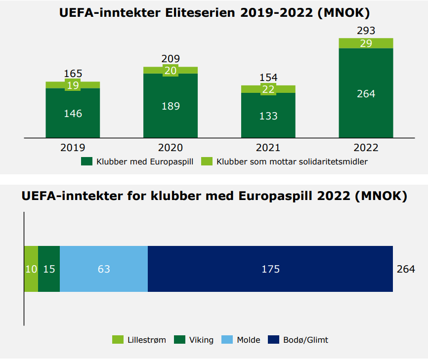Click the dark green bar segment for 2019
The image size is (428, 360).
[x=73, y=113]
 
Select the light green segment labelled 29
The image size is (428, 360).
[x=366, y=43]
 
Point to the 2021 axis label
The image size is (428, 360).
[x=268, y=148]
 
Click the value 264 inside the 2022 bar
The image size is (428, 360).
[x=366, y=94]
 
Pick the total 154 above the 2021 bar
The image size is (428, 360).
[x=268, y=78]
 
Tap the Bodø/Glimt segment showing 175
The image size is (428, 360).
[x=270, y=269]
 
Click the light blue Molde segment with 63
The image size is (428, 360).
[x=104, y=269]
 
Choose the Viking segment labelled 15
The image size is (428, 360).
[x=49, y=269]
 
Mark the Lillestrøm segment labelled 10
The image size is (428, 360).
[x=31, y=269]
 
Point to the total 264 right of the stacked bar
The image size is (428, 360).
[x=406, y=269]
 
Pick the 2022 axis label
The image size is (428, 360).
[x=366, y=148]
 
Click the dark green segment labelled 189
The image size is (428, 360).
[x=171, y=106]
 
